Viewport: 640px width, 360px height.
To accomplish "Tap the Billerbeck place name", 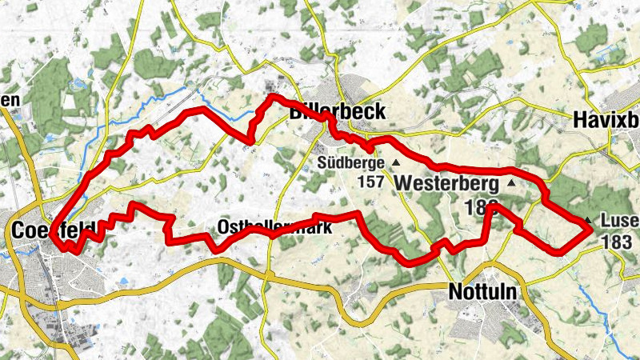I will click(336, 113).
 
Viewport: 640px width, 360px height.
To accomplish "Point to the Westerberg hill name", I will click(446, 183).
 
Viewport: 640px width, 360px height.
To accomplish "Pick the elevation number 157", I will click(371, 182).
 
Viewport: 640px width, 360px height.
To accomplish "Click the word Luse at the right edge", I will click(619, 221).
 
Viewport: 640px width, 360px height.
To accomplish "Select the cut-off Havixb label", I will click(606, 120).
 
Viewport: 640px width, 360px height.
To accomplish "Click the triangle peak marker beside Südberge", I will click(394, 162).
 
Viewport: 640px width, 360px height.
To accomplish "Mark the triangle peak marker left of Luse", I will click(588, 221).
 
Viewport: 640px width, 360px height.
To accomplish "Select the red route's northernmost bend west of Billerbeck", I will click(273, 97).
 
